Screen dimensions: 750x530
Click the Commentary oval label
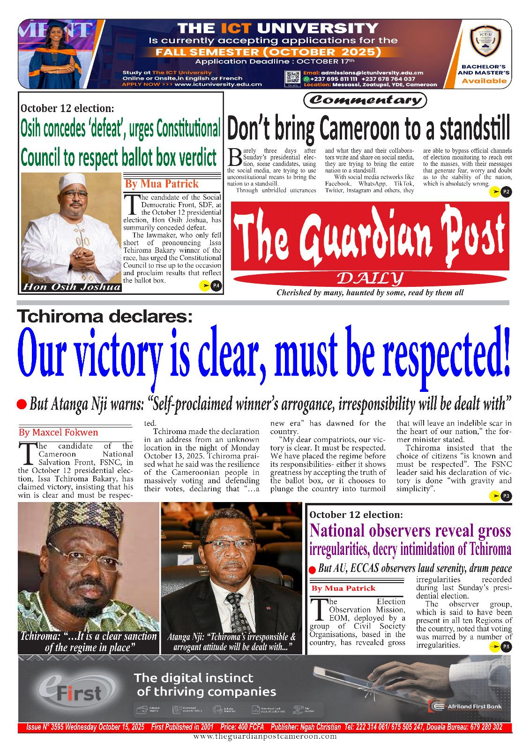(x=365, y=100)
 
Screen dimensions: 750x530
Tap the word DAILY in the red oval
(x=370, y=279)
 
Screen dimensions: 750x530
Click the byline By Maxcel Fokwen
(x=58, y=432)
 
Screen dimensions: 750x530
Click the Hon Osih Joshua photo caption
(x=71, y=287)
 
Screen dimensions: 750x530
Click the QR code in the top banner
(x=292, y=79)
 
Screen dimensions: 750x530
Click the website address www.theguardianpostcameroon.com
(x=265, y=736)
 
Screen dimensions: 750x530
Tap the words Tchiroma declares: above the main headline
(x=105, y=317)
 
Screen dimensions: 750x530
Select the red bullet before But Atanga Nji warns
(x=21, y=404)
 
